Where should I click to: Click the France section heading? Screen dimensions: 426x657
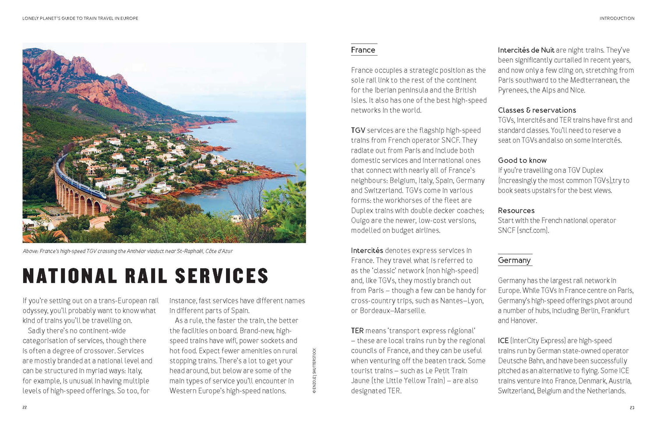pyautogui.click(x=363, y=50)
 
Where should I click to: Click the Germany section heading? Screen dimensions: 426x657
pyautogui.click(x=514, y=260)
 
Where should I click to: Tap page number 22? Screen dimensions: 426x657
pyautogui.click(x=25, y=407)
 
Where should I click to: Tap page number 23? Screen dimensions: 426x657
pyautogui.click(x=632, y=407)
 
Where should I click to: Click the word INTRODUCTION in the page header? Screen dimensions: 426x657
pyautogui.click(x=617, y=18)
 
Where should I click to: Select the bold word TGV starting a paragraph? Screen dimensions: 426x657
pyautogui.click(x=358, y=130)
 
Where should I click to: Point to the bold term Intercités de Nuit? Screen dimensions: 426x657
pyautogui.click(x=526, y=50)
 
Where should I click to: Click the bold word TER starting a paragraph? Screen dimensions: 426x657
pyautogui.click(x=357, y=331)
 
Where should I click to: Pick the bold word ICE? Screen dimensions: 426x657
pyautogui.click(x=503, y=341)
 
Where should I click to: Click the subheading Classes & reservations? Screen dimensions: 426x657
pyautogui.click(x=537, y=110)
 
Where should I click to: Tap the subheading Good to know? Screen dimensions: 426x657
pyautogui.click(x=522, y=160)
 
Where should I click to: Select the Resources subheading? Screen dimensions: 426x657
pyautogui.click(x=516, y=211)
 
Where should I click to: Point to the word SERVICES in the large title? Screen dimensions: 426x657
pyautogui.click(x=221, y=276)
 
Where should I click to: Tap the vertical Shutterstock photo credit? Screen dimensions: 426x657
pyautogui.click(x=314, y=370)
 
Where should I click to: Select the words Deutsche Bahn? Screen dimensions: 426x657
pyautogui.click(x=520, y=361)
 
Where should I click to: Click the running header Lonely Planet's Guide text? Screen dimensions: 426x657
pyautogui.click(x=80, y=18)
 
